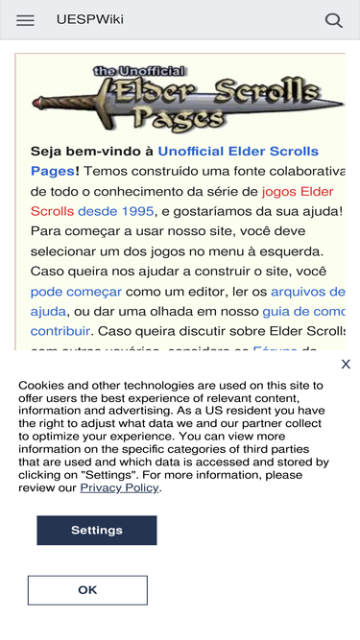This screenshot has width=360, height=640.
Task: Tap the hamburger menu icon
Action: tap(25, 20)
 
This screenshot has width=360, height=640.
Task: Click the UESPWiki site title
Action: tap(89, 20)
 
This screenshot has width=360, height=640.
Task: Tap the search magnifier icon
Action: tap(334, 20)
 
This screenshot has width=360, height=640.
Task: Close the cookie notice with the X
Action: tap(346, 365)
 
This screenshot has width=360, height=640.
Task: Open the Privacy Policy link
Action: tap(119, 487)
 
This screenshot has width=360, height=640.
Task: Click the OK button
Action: tap(87, 590)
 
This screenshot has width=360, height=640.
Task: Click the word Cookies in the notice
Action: tap(42, 383)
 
